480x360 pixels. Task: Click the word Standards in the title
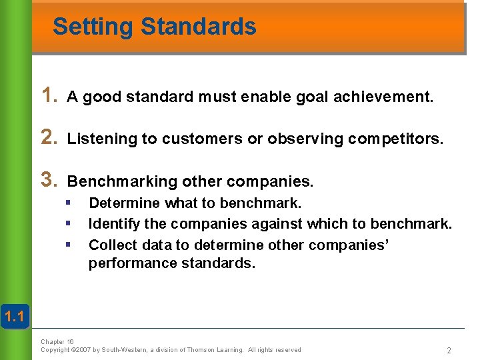pos(199,27)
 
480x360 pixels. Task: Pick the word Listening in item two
pos(102,139)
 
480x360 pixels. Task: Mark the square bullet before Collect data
pos(68,245)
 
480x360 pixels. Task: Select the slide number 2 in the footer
pos(449,350)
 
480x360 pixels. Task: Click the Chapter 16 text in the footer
pos(57,341)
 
